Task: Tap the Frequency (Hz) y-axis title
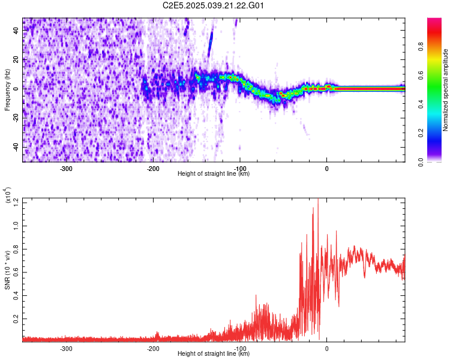coord(7,89)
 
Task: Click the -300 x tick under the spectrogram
coord(66,168)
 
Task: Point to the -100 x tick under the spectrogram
coord(240,168)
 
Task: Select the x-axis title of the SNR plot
coord(214,354)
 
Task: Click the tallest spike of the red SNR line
coord(317,200)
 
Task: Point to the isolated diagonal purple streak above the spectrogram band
coord(210,45)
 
